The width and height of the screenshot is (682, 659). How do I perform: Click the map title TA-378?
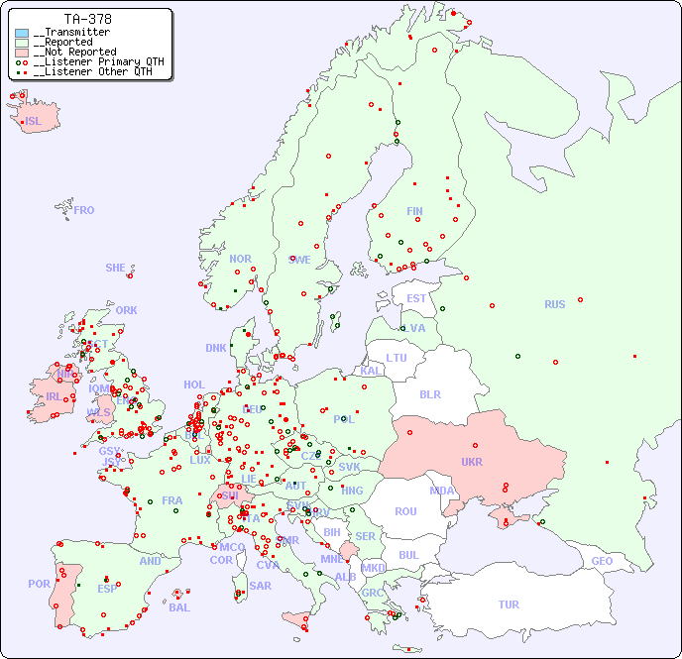[x=87, y=19]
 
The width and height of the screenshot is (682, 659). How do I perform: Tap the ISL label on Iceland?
[x=34, y=122]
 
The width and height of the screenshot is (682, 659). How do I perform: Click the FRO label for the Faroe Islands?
[x=84, y=210]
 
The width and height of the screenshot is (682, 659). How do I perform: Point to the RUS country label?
[x=554, y=304]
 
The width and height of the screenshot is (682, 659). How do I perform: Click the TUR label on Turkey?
[x=509, y=604]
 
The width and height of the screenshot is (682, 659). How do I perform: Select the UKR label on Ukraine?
[x=472, y=462]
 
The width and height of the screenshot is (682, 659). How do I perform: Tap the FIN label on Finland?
[x=414, y=211]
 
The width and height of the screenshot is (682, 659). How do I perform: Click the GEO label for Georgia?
[x=602, y=561]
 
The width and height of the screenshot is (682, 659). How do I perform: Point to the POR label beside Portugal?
[x=39, y=584]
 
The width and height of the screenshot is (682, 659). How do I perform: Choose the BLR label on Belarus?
[x=430, y=393]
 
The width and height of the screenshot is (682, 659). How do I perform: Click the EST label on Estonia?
[x=416, y=298]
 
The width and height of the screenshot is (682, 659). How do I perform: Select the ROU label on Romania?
[x=405, y=511]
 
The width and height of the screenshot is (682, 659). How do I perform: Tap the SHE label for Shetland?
[x=115, y=268]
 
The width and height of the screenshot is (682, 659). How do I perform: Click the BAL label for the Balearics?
[x=179, y=607]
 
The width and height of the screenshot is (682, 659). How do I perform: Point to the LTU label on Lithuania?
[x=397, y=358]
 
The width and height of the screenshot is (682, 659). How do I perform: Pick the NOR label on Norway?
[x=240, y=259]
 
